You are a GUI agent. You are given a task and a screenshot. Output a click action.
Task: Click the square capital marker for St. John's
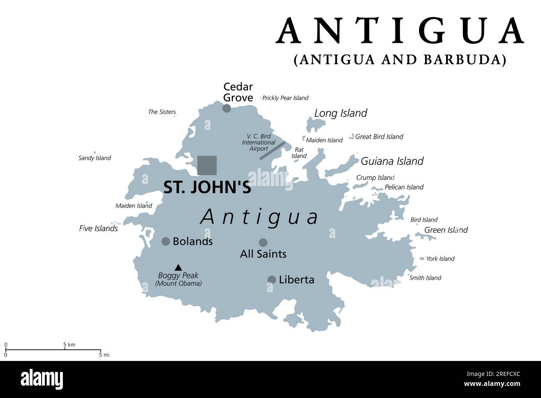[x=207, y=165]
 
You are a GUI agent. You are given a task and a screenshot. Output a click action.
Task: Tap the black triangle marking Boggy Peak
[x=178, y=268]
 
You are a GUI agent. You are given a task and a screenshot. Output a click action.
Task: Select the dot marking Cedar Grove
[x=226, y=108]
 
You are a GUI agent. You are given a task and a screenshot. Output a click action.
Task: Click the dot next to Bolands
[x=166, y=241]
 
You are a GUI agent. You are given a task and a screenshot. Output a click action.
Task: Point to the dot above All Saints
[x=263, y=242]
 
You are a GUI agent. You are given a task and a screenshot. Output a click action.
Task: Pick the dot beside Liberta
[x=272, y=280]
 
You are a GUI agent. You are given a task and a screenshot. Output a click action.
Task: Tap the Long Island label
[x=340, y=113]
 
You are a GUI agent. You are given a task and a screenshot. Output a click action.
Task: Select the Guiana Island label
[x=392, y=161]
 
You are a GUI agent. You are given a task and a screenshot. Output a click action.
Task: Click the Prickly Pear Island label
[x=285, y=98]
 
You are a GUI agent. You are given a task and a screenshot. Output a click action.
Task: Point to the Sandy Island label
[x=94, y=158]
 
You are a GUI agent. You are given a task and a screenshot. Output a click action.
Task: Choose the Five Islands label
[x=98, y=229]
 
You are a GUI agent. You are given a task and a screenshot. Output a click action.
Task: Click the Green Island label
[x=446, y=230]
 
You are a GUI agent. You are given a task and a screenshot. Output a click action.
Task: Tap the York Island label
[x=440, y=259]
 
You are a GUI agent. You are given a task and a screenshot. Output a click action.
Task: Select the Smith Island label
[x=425, y=278]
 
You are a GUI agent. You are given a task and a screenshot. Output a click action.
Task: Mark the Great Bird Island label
[x=379, y=137]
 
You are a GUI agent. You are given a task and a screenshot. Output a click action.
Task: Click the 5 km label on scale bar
[x=69, y=345]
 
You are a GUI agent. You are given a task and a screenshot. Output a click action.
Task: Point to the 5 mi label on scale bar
[x=104, y=355]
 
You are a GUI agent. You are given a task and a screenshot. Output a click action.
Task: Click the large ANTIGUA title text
[x=400, y=31]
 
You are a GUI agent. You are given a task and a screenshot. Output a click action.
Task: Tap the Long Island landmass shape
[x=315, y=124]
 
